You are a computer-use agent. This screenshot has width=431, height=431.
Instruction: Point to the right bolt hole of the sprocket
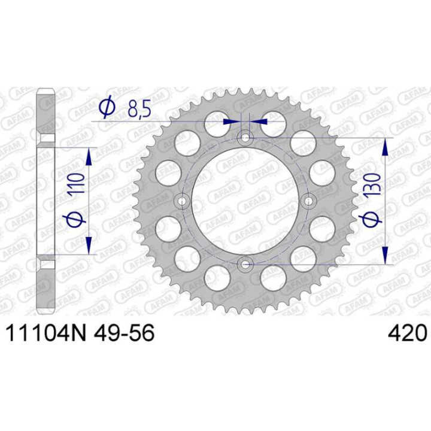coord(309,202)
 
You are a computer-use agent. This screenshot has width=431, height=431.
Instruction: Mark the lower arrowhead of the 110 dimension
coord(89,245)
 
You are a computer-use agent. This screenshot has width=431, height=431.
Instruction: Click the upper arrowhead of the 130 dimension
coord(386,146)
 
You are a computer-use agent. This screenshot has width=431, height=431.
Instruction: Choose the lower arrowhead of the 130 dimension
coord(386,256)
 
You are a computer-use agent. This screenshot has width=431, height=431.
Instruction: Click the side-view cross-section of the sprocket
coord(46,201)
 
